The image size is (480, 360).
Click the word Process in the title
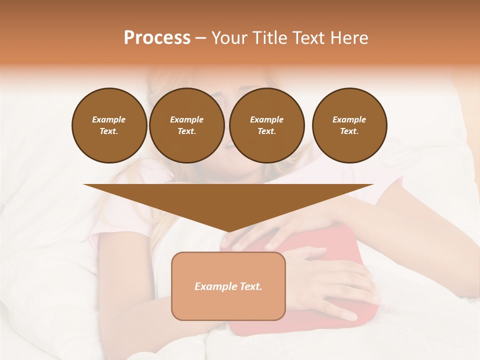(x=157, y=38)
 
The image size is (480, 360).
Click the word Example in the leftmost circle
(x=108, y=119)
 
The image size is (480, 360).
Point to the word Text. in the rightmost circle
(x=349, y=131)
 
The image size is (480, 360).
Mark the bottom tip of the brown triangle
(x=228, y=231)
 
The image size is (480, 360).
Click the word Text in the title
(x=307, y=38)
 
